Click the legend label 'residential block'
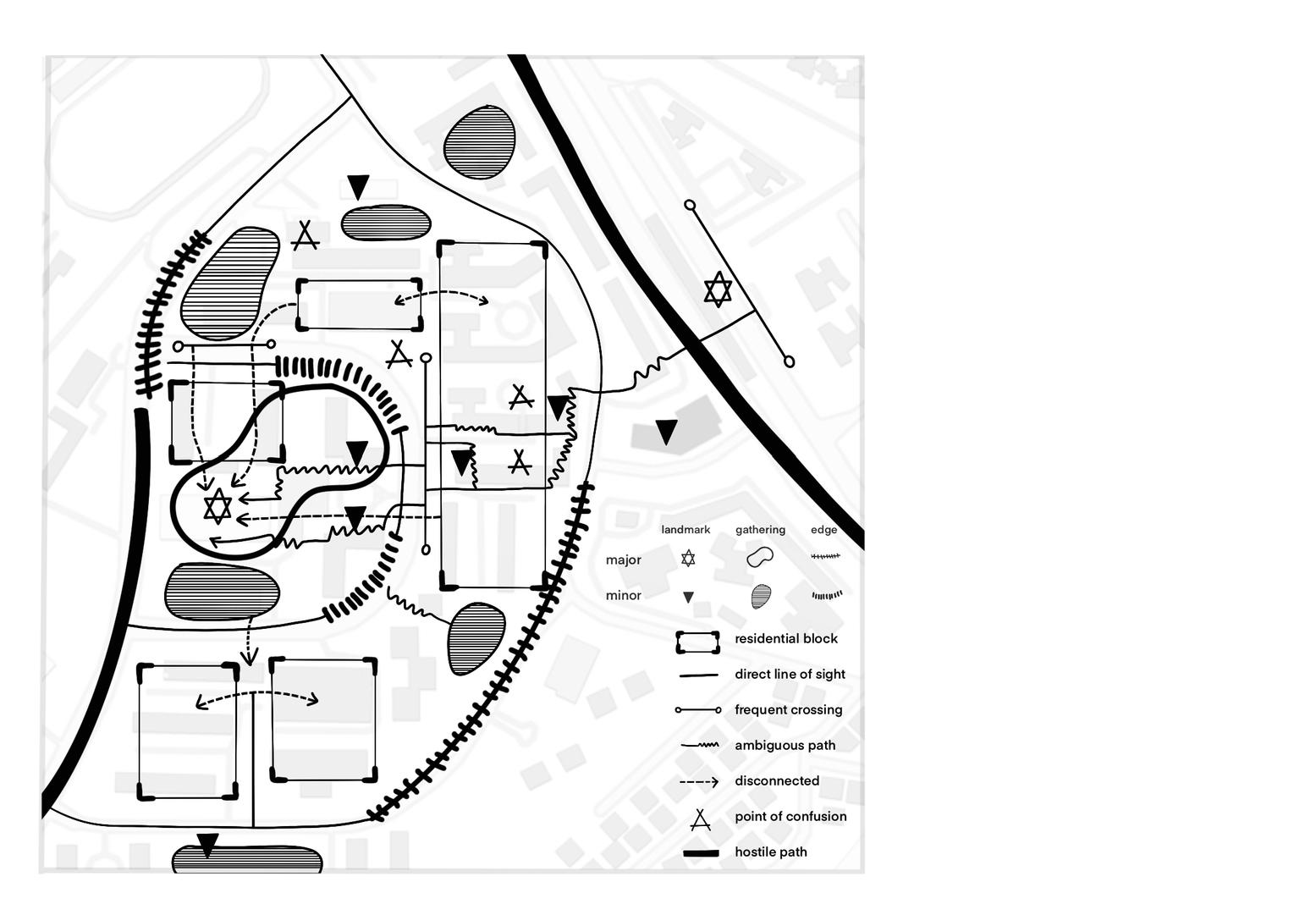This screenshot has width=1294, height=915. (785, 639)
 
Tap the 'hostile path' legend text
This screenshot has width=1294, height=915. (770, 852)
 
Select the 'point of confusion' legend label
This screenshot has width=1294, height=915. (790, 817)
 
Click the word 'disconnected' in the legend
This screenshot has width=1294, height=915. (776, 781)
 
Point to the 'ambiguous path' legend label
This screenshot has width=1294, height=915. (785, 746)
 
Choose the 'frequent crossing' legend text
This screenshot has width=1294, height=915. (788, 710)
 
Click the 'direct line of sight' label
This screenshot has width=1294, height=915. (790, 675)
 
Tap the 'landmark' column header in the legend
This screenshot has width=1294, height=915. (686, 530)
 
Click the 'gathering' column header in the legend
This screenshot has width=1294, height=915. (760, 530)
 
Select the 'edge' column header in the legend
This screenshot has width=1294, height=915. (823, 530)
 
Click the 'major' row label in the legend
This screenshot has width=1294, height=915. (624, 560)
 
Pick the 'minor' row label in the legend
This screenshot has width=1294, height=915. (624, 596)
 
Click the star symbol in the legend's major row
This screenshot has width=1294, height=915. (688, 559)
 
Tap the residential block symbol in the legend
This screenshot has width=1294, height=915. (697, 642)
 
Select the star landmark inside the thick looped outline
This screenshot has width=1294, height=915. (218, 506)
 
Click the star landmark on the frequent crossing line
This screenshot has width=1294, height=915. (718, 289)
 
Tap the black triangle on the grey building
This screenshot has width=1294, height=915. (667, 431)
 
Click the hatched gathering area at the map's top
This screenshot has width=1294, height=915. (480, 142)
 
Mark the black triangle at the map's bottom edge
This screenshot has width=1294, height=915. (207, 845)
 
